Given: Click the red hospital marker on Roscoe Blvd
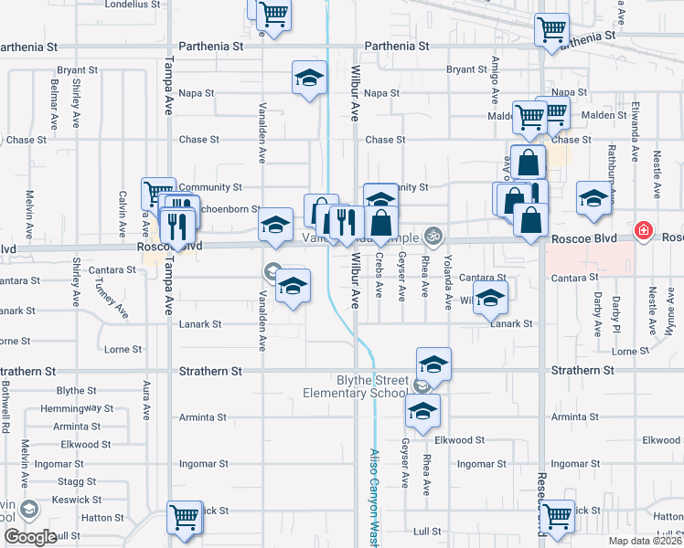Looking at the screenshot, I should pyautogui.click(x=644, y=229).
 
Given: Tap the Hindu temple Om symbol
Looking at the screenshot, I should pyautogui.click(x=433, y=236).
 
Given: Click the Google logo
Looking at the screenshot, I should pyautogui.click(x=29, y=537).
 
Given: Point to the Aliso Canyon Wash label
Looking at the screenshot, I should pyautogui.click(x=374, y=494).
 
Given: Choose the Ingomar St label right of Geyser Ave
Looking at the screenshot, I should pyautogui.click(x=476, y=464).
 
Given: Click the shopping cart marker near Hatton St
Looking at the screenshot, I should pyautogui.click(x=184, y=517).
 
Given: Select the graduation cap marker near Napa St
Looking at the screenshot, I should pyautogui.click(x=309, y=79).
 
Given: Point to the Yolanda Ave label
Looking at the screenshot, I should pyautogui.click(x=448, y=281).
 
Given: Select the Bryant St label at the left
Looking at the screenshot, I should pyautogui.click(x=77, y=69).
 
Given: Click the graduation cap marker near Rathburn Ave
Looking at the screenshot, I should pyautogui.click(x=593, y=200).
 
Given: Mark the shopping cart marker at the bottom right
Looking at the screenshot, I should pyautogui.click(x=556, y=517).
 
